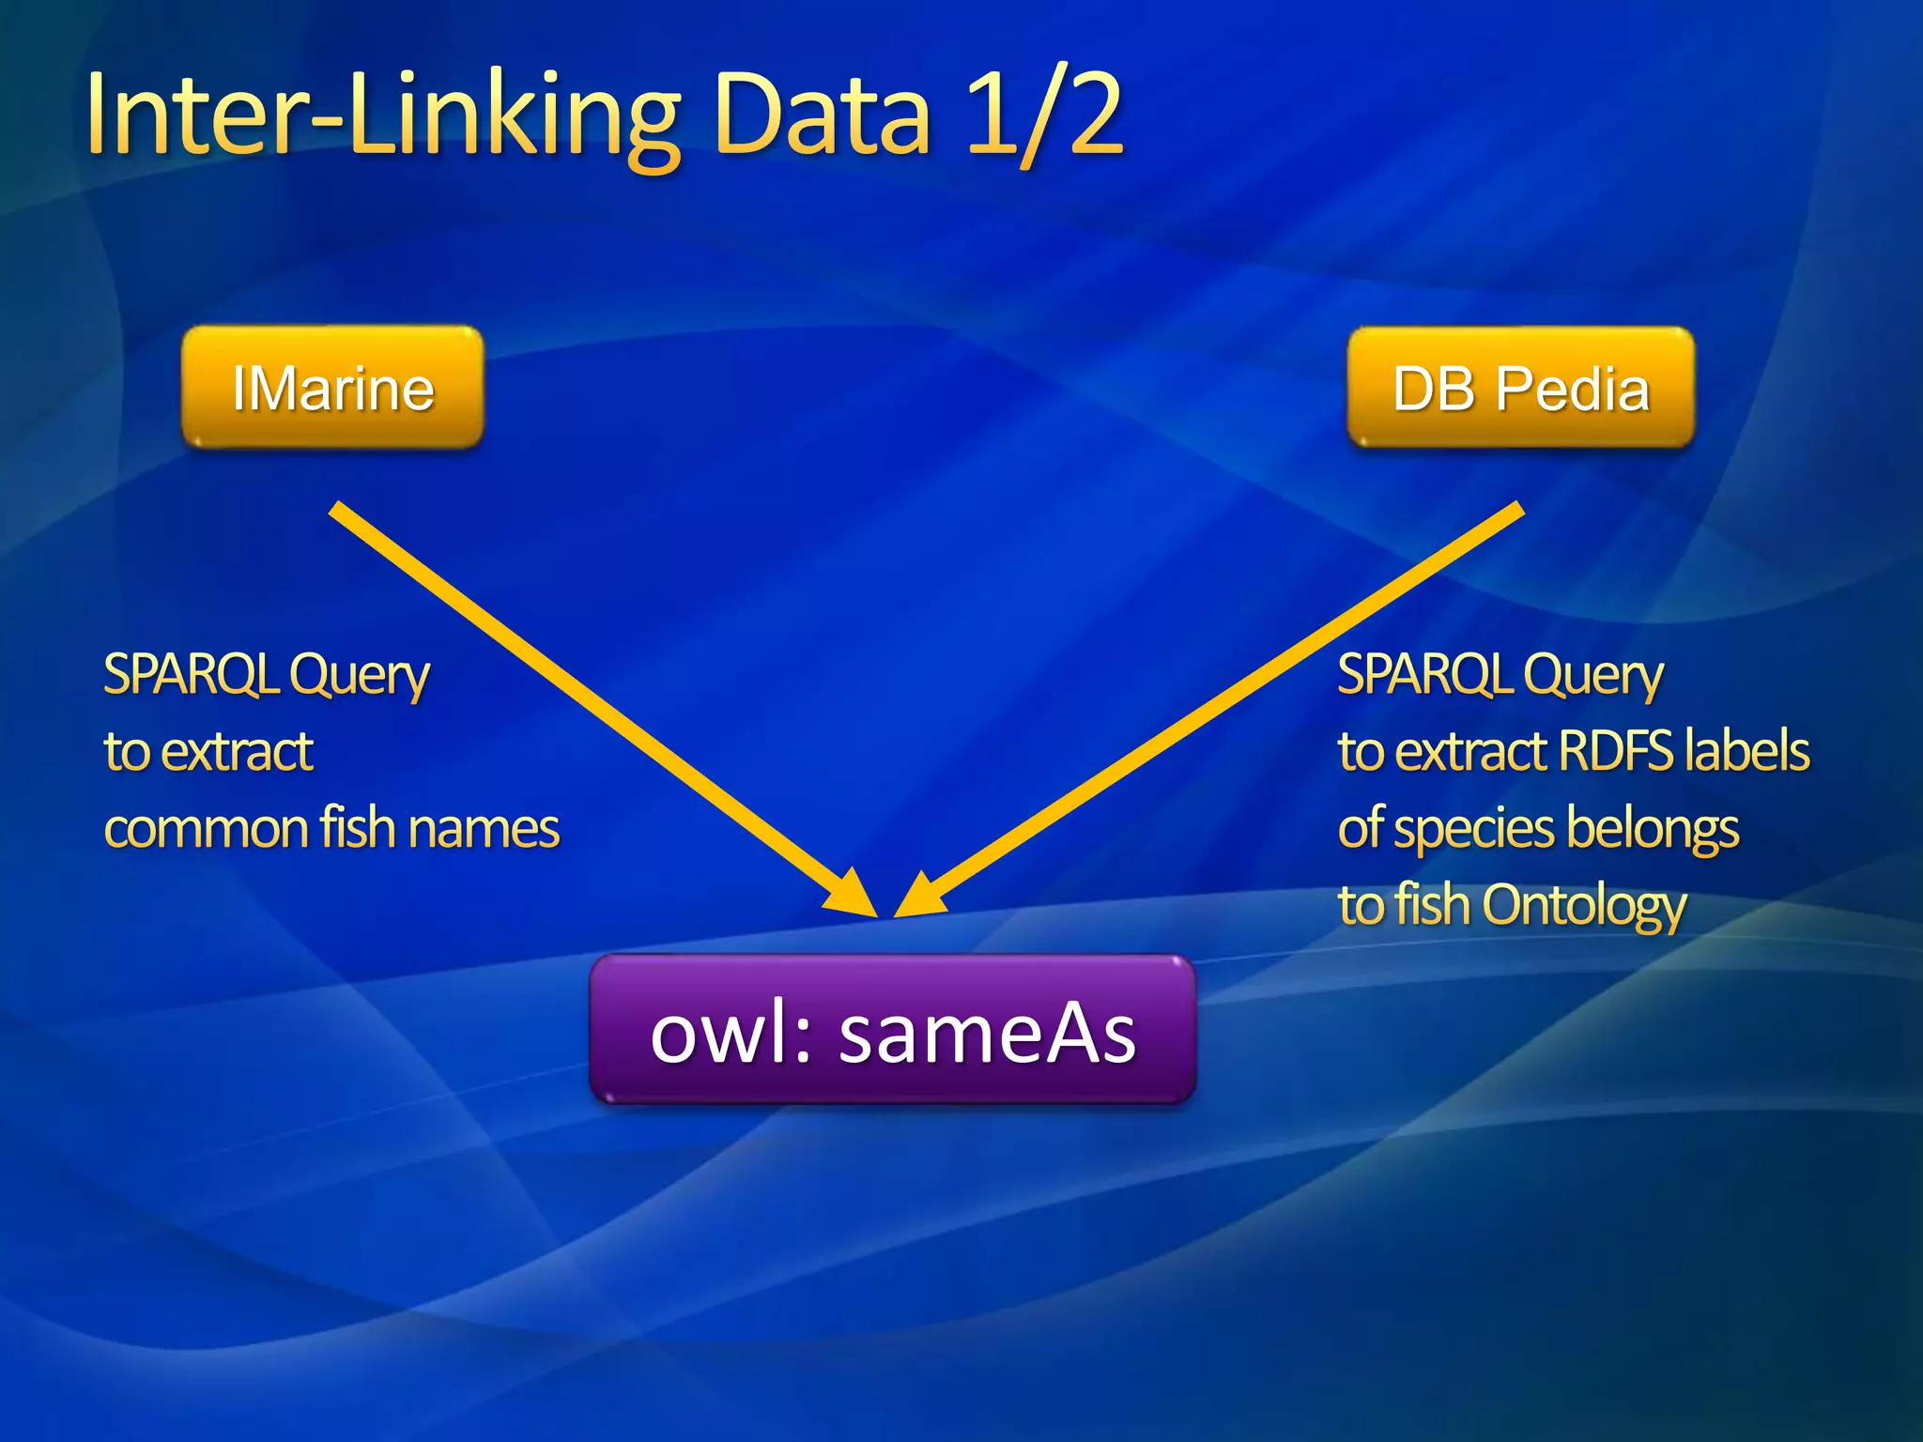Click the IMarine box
tap(332, 388)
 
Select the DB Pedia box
tap(1520, 388)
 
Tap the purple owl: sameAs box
tap(892, 1030)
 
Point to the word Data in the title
tap(822, 116)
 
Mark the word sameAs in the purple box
tap(987, 1033)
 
